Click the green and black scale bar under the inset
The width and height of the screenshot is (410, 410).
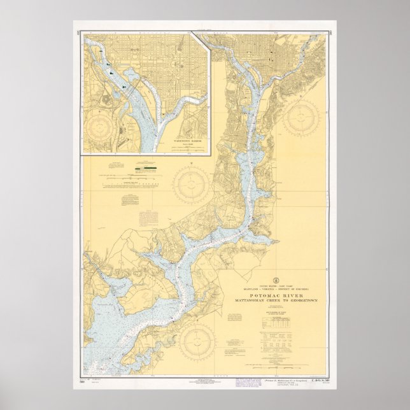pos(145,170)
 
